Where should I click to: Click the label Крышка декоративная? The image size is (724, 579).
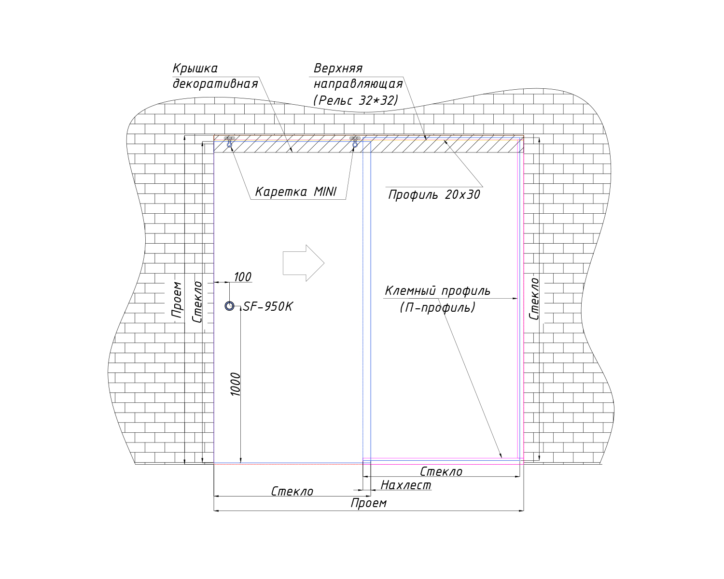(x=215, y=76)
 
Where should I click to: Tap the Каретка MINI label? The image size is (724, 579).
(x=296, y=192)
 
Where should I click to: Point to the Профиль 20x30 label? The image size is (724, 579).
(x=434, y=194)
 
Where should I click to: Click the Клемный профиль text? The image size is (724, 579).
(x=437, y=290)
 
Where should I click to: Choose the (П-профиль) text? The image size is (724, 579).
(x=438, y=307)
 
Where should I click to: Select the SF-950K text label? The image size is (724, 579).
(x=268, y=306)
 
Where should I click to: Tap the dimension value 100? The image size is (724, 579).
(x=242, y=277)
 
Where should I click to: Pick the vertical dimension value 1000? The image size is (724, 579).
(x=236, y=384)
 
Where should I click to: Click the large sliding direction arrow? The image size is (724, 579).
(x=304, y=263)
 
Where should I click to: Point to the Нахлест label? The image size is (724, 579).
(x=406, y=485)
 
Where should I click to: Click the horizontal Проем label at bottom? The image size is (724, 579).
(x=369, y=503)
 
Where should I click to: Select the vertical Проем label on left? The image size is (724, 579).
(x=177, y=300)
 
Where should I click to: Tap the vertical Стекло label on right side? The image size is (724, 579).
(x=534, y=299)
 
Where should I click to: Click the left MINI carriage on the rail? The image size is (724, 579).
(x=229, y=142)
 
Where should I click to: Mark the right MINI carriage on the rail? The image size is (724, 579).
(x=355, y=142)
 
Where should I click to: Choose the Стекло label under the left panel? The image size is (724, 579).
(x=292, y=492)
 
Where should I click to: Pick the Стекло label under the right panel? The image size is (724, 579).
(x=441, y=472)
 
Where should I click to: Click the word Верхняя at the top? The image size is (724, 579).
(x=338, y=69)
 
